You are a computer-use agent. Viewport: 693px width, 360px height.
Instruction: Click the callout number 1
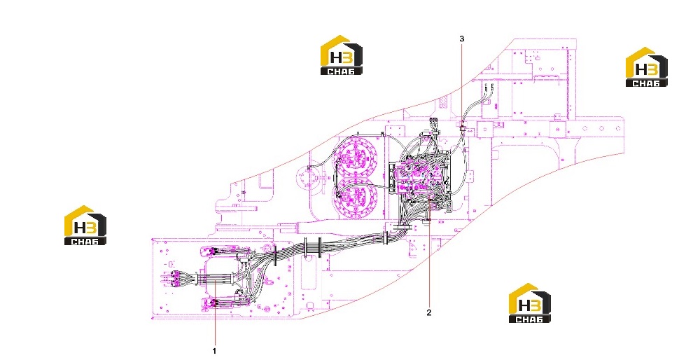214,351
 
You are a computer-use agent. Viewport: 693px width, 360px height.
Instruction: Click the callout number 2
428,312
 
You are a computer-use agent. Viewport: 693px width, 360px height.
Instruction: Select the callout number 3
462,39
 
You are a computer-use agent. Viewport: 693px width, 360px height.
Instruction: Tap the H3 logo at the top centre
341,55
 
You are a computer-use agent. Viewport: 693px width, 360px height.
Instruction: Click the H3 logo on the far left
85,225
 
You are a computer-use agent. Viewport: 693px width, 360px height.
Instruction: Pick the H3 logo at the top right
647,67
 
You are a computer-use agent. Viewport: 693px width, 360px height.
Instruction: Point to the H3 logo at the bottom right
530,303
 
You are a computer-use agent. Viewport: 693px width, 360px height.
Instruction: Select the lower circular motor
355,198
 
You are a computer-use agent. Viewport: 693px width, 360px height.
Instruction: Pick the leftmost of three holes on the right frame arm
584,129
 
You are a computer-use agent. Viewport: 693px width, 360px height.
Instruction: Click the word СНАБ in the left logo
85,241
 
